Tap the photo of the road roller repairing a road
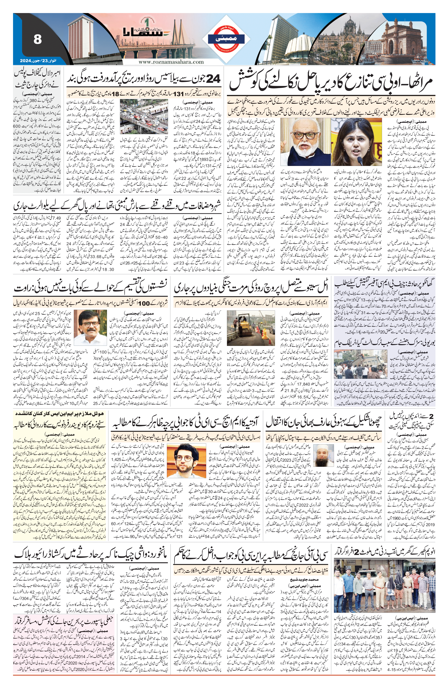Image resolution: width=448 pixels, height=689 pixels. [251, 327]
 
